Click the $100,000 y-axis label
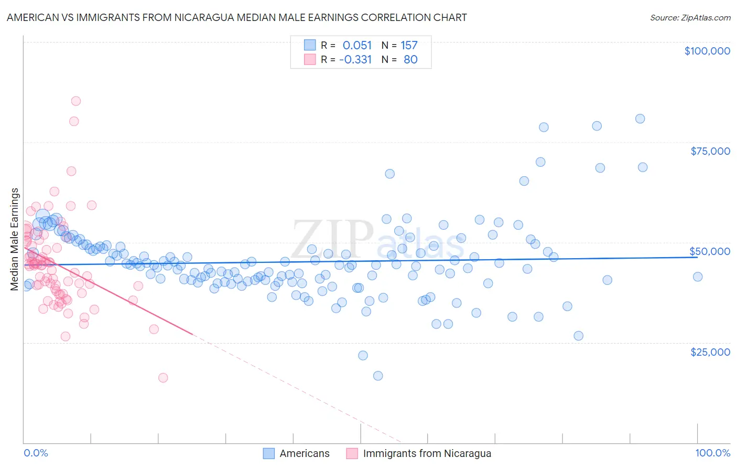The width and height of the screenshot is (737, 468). coord(707,51)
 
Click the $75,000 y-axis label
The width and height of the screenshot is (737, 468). coord(710,151)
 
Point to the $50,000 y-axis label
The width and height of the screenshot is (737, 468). coord(709,251)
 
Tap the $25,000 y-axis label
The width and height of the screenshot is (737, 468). coord(710,352)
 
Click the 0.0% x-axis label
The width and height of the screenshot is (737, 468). coord(36,453)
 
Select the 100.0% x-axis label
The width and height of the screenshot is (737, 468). coord(712,453)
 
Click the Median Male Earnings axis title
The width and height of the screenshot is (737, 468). coord(15,239)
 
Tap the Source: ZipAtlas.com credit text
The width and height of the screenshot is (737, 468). coord(690,18)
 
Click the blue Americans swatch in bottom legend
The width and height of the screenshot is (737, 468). coord(269,453)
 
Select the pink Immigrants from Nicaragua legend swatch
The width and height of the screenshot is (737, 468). coord(352,453)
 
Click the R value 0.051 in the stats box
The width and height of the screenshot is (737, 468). coord(357,45)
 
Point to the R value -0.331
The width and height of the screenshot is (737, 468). coord(355,59)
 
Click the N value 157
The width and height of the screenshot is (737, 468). coord(409,45)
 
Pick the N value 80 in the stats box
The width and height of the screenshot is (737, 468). coord(410,59)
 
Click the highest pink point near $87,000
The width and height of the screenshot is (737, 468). coord(75,101)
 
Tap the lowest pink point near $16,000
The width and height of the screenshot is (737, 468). coord(163,378)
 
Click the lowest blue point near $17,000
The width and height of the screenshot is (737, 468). coord(378,376)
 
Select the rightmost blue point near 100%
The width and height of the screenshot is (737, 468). coord(697,277)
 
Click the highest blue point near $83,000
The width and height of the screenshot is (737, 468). coord(640,119)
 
